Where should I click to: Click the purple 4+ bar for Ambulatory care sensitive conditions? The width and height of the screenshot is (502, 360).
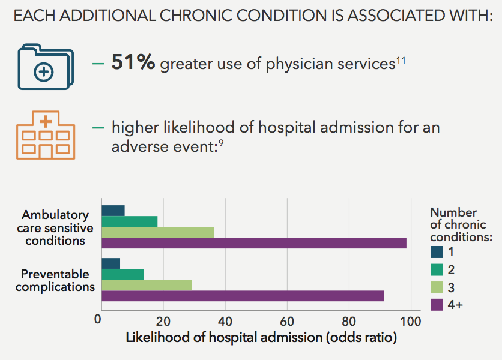[254, 243]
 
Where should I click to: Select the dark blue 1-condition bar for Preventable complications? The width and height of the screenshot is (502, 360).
[111, 263]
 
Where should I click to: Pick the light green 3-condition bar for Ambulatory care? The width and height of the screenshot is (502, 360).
[158, 232]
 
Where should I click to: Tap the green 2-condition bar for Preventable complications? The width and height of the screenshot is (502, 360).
[122, 274]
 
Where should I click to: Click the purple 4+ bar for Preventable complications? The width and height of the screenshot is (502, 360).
[243, 296]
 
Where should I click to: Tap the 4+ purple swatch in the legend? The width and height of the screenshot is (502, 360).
[437, 304]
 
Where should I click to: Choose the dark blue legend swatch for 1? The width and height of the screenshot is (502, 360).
[437, 252]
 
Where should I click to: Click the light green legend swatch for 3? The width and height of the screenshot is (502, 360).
[437, 287]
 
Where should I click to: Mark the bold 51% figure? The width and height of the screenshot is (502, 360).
[133, 62]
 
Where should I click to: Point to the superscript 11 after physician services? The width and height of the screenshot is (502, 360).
[401, 59]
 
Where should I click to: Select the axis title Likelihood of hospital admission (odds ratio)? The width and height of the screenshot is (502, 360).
[261, 338]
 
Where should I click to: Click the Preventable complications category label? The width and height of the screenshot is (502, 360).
[55, 280]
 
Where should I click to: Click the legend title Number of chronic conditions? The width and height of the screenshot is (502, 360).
[461, 225]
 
